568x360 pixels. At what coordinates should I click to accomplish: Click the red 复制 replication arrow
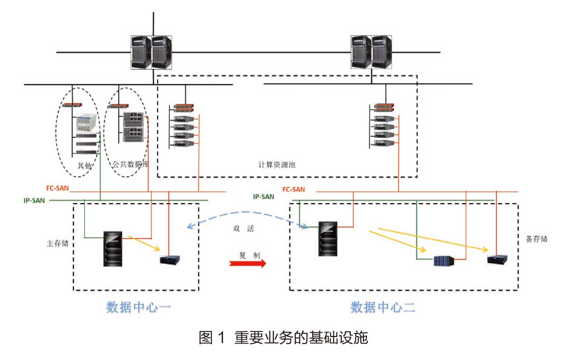pos(248,263)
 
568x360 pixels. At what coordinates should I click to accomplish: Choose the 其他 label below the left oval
pos(84,165)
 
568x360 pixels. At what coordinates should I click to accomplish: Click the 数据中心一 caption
pos(137,307)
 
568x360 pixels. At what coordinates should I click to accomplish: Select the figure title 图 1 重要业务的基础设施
pos(283,338)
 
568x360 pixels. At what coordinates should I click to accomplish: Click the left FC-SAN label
pos(57,188)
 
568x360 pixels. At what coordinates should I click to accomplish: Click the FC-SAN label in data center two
pos(293,189)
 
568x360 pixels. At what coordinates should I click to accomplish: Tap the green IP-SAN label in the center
pos(263,196)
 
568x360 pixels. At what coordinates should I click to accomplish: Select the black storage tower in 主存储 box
pos(113,249)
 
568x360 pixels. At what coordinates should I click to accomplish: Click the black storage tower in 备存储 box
pos(327,239)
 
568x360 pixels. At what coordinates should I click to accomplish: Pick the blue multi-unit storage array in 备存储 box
pos(443,261)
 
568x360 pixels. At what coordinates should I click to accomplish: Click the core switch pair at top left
pos(151,52)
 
